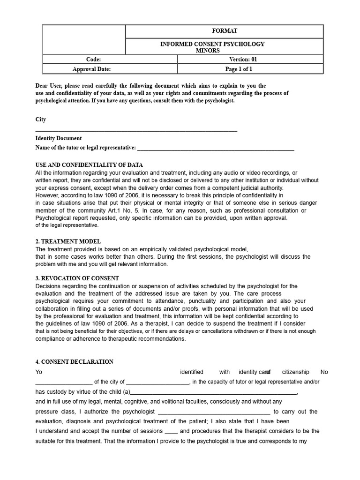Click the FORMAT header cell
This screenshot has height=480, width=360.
click(225, 31)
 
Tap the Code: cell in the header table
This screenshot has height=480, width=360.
click(94, 60)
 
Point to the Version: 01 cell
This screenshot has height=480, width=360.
click(243, 60)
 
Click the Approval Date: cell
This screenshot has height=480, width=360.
click(92, 69)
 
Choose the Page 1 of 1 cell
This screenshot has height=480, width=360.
click(239, 69)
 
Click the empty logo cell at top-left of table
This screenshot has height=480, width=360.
click(84, 39)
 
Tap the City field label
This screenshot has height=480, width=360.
click(41, 120)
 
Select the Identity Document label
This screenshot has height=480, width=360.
click(59, 138)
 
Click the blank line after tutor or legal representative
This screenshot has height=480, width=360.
click(216, 149)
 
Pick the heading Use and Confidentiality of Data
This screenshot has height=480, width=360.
click(89, 165)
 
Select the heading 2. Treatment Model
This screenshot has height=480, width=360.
click(68, 241)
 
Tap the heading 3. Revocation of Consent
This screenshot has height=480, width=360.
click(77, 278)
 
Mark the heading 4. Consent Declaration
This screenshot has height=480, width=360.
click(75, 362)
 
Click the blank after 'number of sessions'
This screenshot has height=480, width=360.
click(172, 431)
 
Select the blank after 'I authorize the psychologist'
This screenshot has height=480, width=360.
click(214, 412)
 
